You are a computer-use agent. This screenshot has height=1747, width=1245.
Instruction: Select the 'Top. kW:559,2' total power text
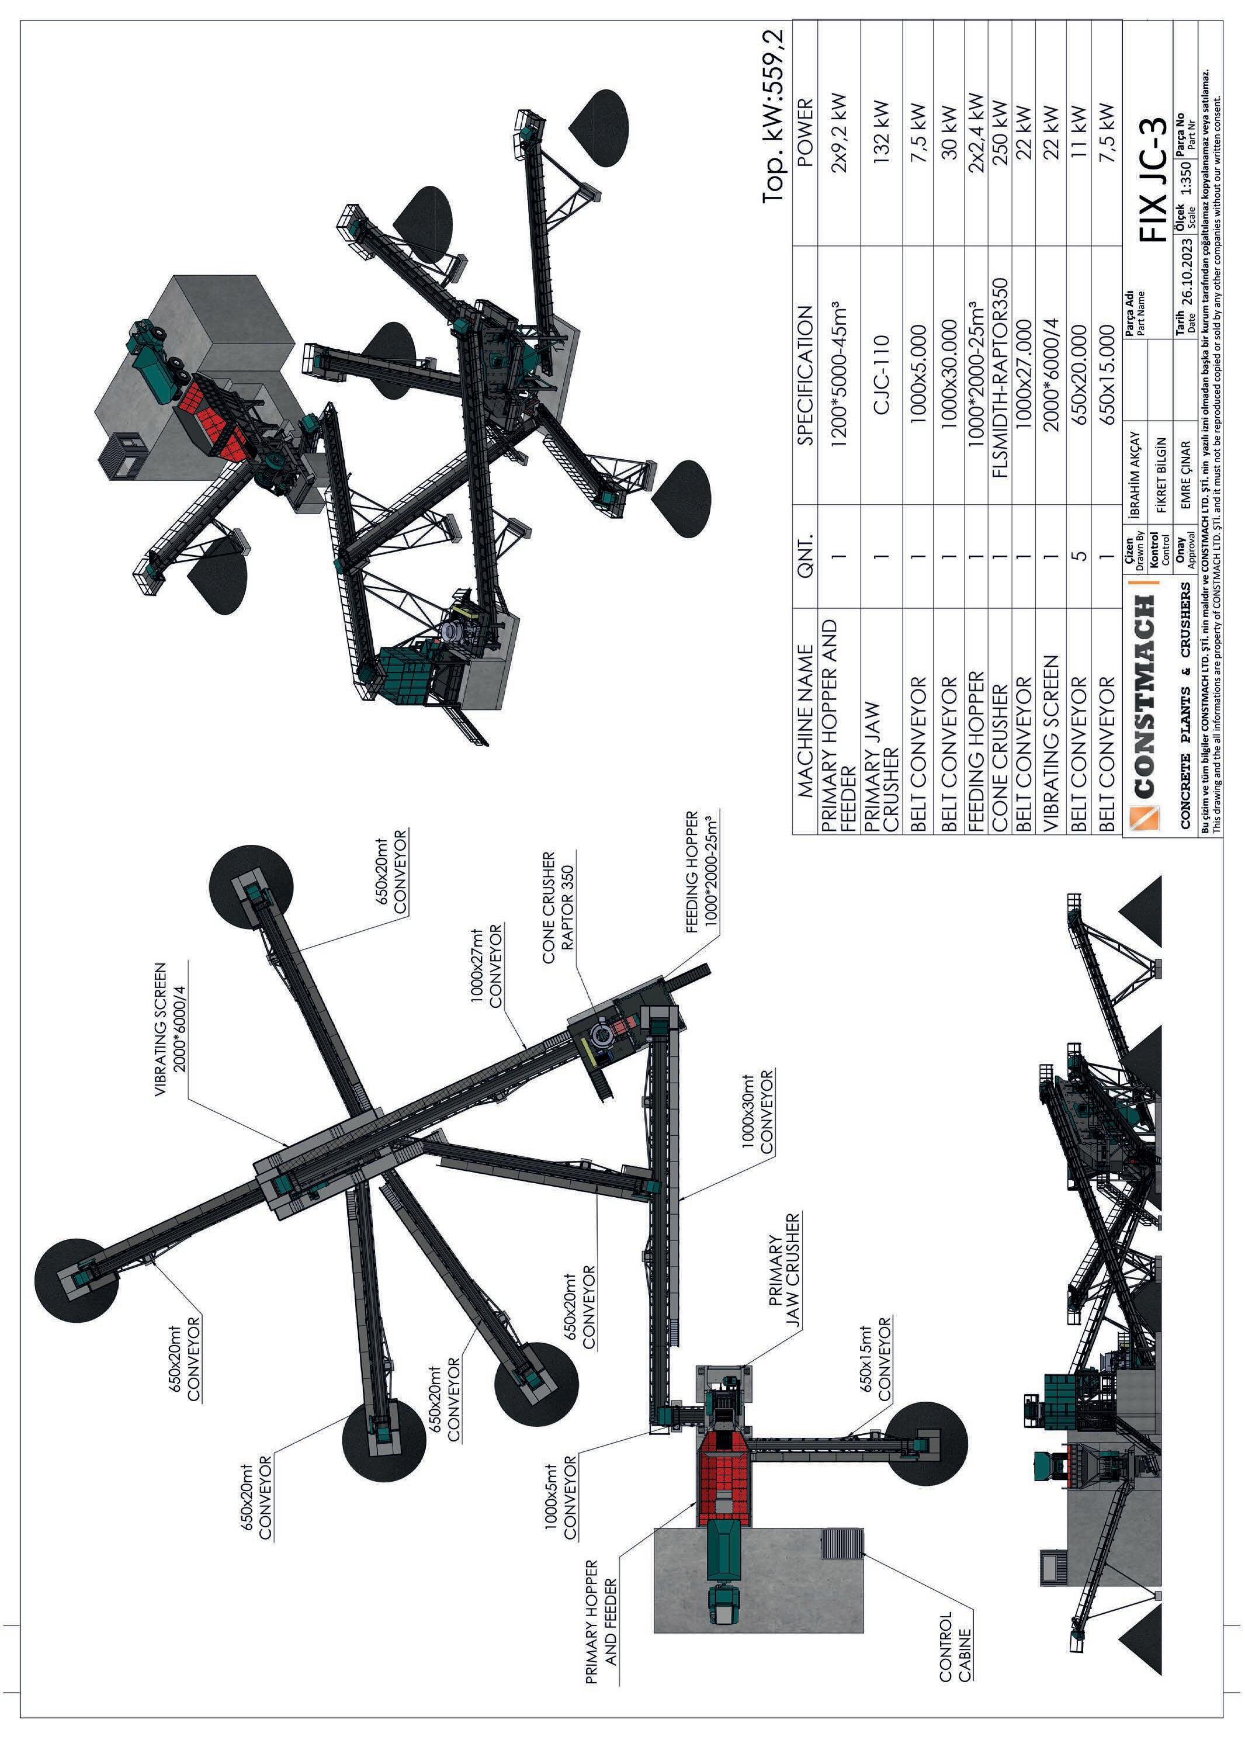[774, 116]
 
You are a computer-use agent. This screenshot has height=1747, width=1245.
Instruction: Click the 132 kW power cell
[881, 126]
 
